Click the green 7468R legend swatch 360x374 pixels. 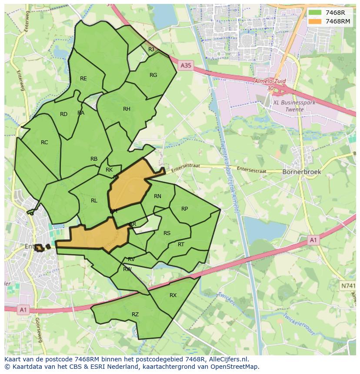coord(316,13)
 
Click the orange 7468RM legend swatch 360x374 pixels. coord(316,21)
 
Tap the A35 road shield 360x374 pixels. coord(185,66)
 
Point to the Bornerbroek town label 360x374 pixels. coord(302,172)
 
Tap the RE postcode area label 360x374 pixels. coord(83,79)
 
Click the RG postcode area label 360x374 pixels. coord(153,75)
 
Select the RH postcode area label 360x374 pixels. coord(127,109)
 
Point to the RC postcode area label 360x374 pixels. coord(44,142)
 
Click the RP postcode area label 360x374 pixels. coord(184,209)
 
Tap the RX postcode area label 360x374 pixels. coord(173,295)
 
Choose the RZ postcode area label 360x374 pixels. coord(135,314)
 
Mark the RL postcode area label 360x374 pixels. coord(94,201)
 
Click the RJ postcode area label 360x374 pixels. coord(151,50)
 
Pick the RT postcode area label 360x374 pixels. coord(181,245)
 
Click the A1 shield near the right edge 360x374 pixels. coord(313,239)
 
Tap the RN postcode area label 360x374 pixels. coord(157,196)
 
